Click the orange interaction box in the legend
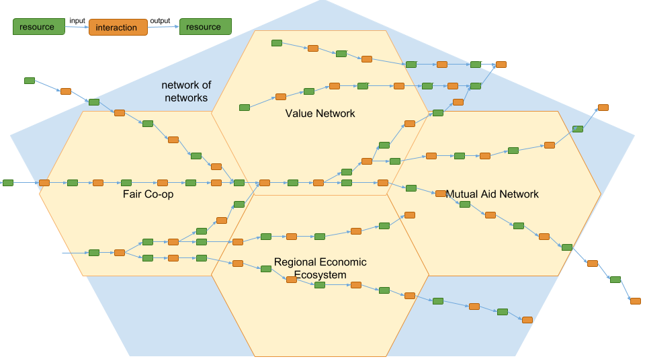point(118,27)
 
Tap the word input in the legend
point(77,21)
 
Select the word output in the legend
point(160,21)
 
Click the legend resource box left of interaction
point(39,26)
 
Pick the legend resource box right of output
point(206,26)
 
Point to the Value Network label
point(320,113)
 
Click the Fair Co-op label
point(148,194)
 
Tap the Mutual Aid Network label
point(492,194)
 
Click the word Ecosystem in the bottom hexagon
point(320,274)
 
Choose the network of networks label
point(186,91)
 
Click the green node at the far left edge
point(8,183)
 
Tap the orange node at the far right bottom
point(635,301)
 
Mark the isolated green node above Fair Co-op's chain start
point(30,81)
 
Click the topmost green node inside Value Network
point(276,43)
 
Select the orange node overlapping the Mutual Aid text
point(441,194)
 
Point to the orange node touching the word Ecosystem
point(291,280)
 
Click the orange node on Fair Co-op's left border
point(44,183)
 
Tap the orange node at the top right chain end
point(501,65)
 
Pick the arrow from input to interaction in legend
point(77,27)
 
